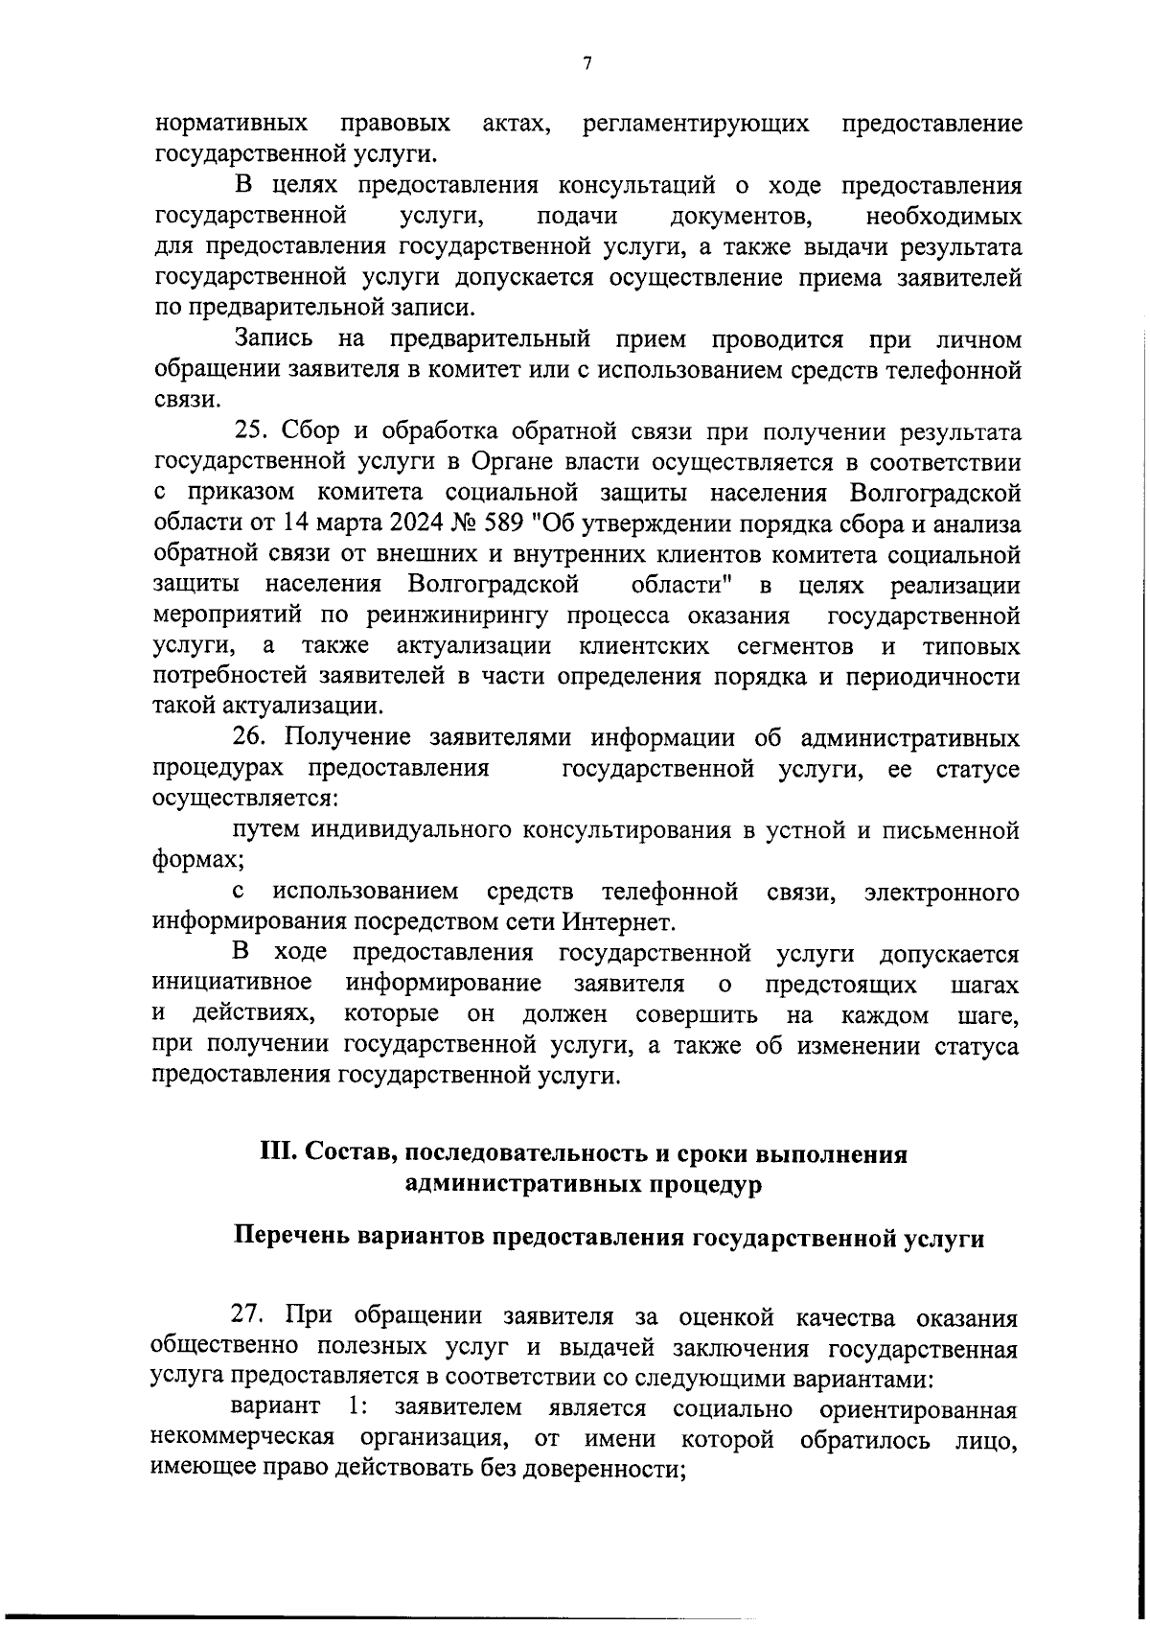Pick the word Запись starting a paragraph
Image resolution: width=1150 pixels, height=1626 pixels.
[x=274, y=339]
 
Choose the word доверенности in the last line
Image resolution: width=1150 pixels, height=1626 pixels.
[x=604, y=1469]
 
